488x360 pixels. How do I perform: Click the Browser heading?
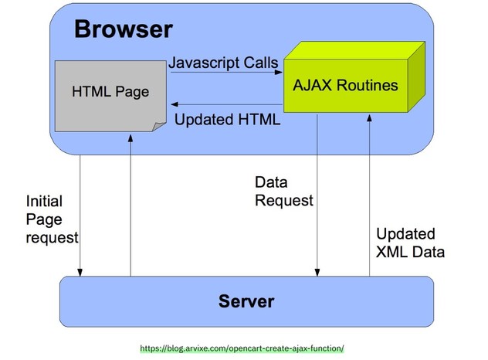[123, 30]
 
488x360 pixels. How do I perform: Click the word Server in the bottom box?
[246, 301]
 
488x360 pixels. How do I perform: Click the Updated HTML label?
[227, 120]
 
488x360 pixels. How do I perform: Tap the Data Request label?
[283, 192]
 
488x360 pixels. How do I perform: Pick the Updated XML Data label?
[410, 243]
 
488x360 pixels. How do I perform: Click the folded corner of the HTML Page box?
[158, 127]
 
